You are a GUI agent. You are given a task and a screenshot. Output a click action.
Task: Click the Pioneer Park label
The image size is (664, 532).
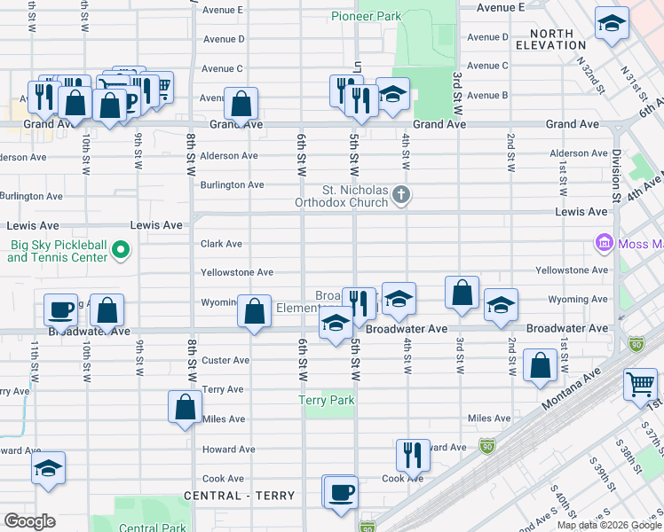click(x=367, y=16)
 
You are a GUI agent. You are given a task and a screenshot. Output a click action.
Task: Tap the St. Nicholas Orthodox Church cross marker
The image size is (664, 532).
click(x=401, y=194)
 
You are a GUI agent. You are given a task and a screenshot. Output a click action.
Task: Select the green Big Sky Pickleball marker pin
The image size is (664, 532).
click(x=123, y=252)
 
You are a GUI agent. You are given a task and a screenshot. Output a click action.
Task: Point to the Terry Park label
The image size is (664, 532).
click(x=326, y=400)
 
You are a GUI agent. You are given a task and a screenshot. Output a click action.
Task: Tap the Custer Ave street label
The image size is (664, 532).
click(x=226, y=360)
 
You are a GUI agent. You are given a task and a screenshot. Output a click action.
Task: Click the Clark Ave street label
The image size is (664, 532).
click(x=222, y=244)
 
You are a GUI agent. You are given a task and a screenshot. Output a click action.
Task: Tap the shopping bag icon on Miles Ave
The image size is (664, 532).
click(x=185, y=407)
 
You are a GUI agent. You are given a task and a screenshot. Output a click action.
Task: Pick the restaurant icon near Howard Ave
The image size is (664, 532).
click(x=413, y=455)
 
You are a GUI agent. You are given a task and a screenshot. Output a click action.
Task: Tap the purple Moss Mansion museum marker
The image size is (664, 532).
click(x=604, y=242)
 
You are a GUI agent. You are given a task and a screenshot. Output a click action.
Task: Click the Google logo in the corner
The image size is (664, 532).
click(x=29, y=521)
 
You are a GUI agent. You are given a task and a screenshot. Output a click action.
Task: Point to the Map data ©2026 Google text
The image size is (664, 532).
click(x=608, y=525)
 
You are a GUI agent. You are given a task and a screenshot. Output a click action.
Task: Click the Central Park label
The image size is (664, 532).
click(x=152, y=528)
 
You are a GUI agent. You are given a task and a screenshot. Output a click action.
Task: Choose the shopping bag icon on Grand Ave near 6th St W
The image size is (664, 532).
click(x=241, y=103)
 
